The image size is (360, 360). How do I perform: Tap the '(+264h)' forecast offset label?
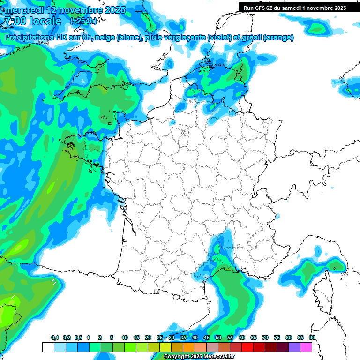click(83, 21)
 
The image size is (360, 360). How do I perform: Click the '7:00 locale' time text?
click(32, 21)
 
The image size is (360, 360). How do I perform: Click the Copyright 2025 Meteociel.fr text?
click(198, 357)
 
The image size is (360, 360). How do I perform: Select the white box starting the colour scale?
click(48, 347)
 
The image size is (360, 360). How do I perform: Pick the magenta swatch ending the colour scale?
click(306, 347)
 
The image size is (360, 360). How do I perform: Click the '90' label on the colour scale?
click(312, 337)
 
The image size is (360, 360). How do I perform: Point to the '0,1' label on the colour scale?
click(55, 337)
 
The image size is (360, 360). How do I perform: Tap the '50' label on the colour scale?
click(218, 337)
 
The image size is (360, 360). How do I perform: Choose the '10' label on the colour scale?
click(125, 337)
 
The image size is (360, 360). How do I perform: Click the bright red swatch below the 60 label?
click(247, 347)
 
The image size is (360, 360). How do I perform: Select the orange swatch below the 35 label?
click(188, 347)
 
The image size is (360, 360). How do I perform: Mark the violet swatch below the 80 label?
click(294, 347)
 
